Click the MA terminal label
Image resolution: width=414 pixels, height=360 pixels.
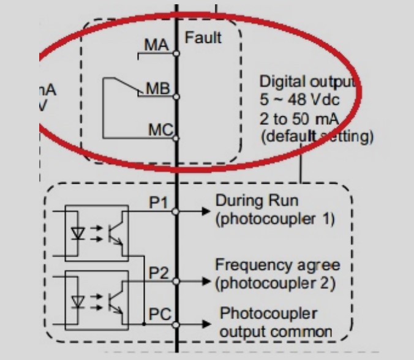[x=156, y=46]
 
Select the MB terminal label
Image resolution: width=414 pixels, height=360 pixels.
[x=157, y=89]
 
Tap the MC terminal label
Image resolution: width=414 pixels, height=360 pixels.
[x=160, y=130]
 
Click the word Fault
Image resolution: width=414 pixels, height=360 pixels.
[x=203, y=37]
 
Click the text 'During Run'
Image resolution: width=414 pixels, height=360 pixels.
[x=251, y=201]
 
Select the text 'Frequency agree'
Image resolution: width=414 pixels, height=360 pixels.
[x=277, y=266]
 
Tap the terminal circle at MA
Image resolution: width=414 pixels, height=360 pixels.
[x=177, y=54]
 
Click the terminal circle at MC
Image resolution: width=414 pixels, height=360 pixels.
[x=177, y=138]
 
